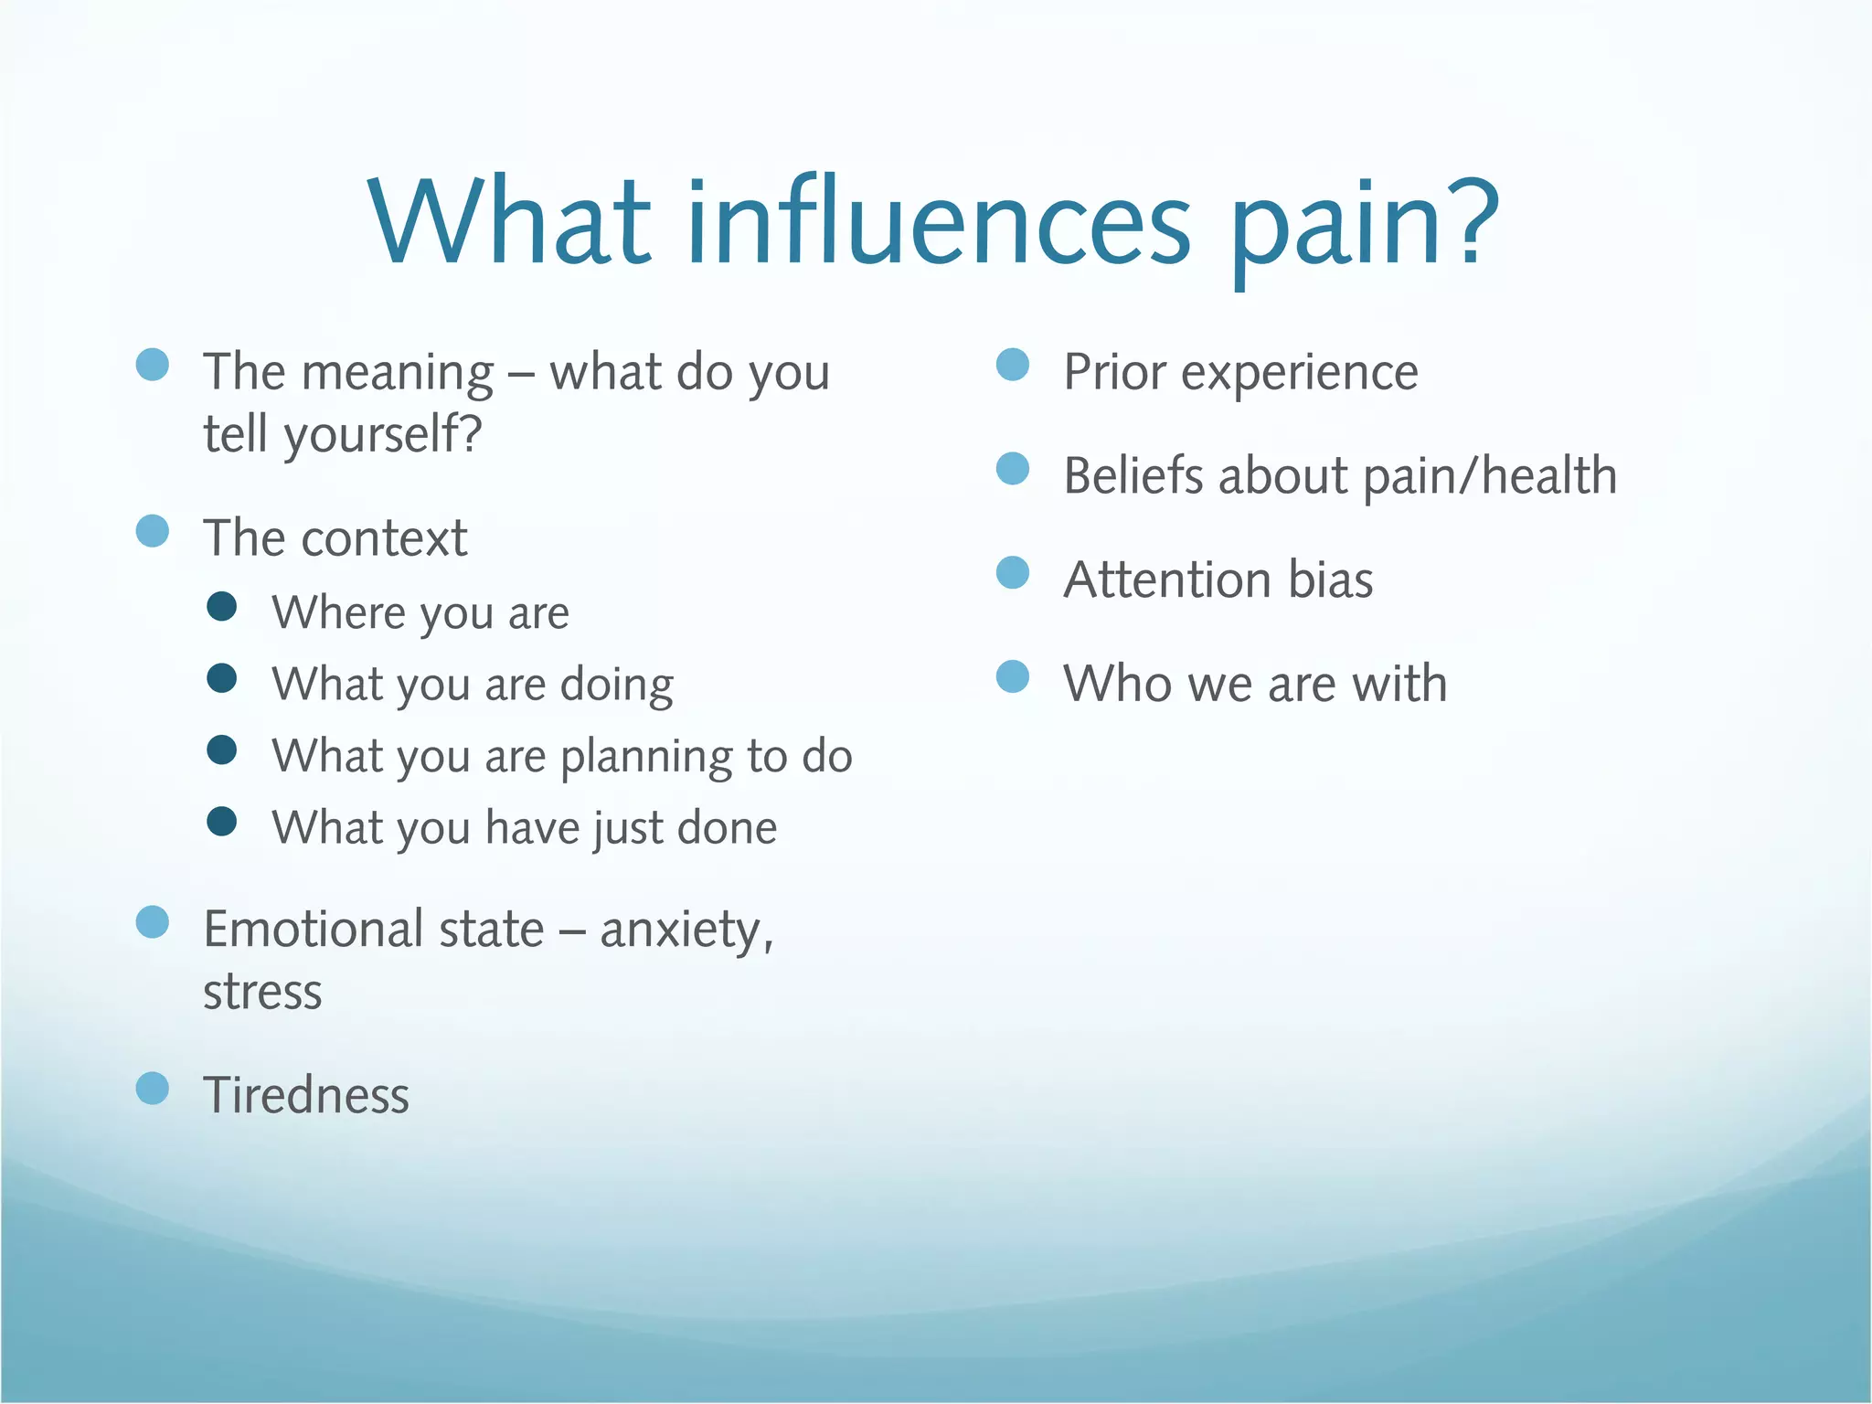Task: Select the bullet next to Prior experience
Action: point(1012,365)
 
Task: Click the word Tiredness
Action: point(306,1095)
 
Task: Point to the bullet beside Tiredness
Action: point(153,1088)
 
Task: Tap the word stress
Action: point(262,993)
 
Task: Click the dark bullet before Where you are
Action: point(222,606)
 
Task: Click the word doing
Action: point(617,686)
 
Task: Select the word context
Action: point(385,538)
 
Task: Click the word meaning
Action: point(398,374)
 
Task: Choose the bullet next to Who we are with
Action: point(1012,677)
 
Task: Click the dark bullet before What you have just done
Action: point(222,821)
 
